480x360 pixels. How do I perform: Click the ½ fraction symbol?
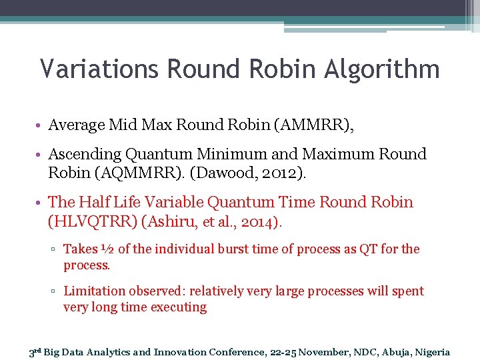(x=107, y=249)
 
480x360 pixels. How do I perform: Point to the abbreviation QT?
(x=369, y=249)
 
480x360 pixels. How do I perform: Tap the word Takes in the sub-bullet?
(x=81, y=249)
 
